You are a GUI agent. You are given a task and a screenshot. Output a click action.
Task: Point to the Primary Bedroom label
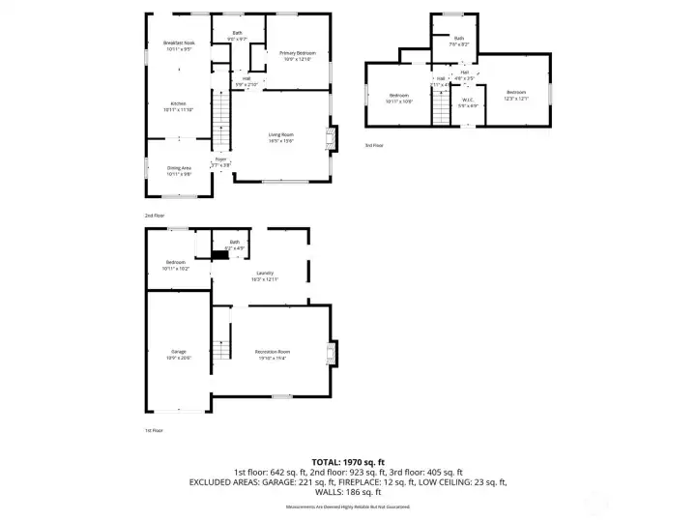(298, 55)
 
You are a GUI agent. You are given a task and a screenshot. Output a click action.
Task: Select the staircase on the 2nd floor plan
(222, 123)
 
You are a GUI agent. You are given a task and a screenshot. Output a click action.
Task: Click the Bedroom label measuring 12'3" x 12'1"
(514, 95)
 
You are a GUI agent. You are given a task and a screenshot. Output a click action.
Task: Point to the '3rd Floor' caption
(373, 146)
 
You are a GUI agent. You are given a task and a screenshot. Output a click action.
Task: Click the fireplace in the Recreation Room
(333, 354)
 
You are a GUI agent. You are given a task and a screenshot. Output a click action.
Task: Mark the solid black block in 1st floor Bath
(219, 256)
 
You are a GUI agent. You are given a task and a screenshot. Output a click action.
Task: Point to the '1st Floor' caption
(154, 430)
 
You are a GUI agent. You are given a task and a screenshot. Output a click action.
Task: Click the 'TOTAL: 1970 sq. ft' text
(348, 462)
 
